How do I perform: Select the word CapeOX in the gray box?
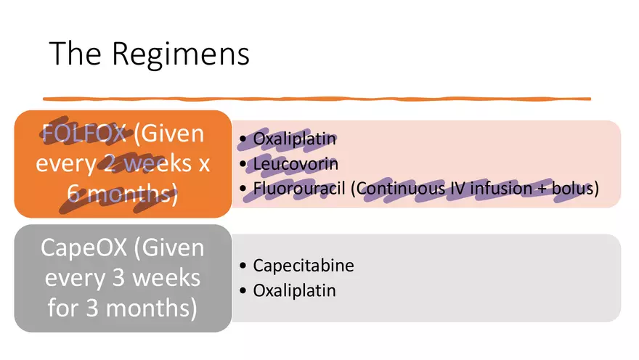tap(82, 249)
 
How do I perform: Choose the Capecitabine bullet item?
tap(304, 266)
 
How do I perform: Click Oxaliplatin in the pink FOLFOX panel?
tap(295, 139)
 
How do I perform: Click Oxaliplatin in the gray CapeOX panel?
tap(295, 290)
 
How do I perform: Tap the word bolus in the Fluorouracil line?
tap(574, 189)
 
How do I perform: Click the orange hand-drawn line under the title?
tap(317, 98)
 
